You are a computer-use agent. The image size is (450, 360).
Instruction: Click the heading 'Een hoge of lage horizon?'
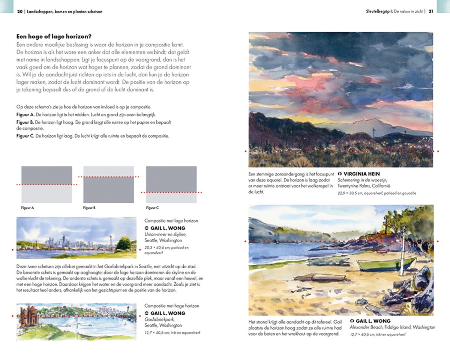click(x=54, y=37)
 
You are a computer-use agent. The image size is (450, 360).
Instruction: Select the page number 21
click(x=431, y=11)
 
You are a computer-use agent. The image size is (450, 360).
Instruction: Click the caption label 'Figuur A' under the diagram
click(x=28, y=207)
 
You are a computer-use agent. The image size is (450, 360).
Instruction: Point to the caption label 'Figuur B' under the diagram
click(x=90, y=207)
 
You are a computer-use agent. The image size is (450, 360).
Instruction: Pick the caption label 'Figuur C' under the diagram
click(x=152, y=207)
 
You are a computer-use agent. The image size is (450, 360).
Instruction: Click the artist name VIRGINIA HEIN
click(x=361, y=174)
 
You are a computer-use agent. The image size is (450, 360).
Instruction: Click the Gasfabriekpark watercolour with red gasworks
click(x=76, y=322)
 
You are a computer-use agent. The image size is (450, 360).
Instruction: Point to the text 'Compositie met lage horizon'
click(x=171, y=221)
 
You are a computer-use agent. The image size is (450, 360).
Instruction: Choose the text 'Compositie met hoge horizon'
click(x=171, y=306)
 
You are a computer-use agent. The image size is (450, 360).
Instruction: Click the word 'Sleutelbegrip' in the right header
click(x=379, y=11)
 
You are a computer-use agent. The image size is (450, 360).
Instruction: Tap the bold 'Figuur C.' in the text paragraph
click(x=25, y=136)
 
